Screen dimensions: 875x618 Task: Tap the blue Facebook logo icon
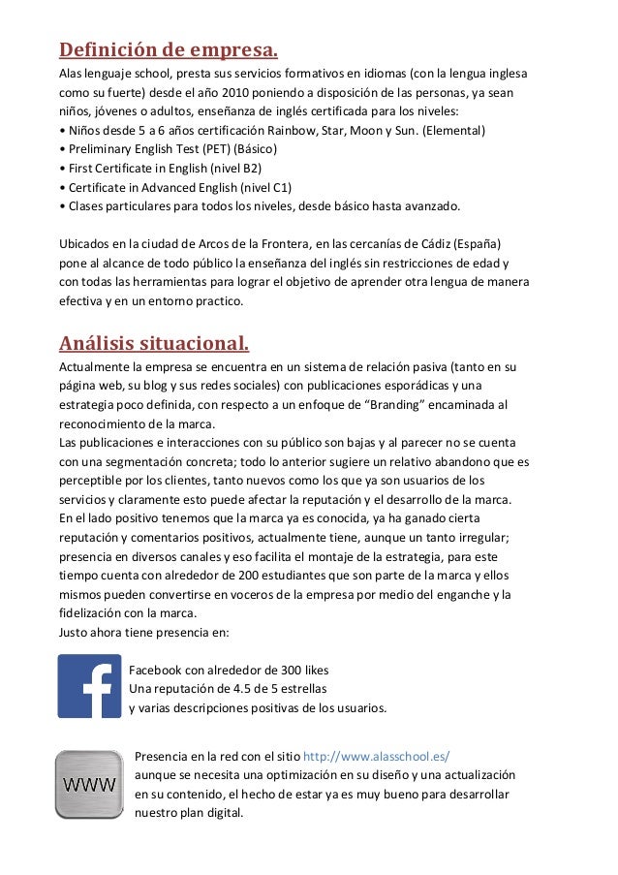point(89,686)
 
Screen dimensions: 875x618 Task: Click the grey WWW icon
point(89,783)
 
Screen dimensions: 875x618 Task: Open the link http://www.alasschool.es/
point(377,756)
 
